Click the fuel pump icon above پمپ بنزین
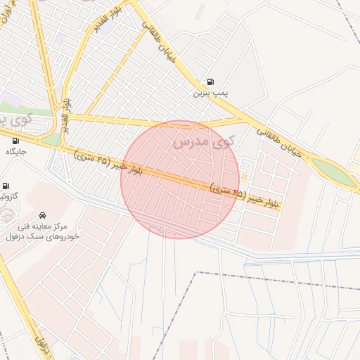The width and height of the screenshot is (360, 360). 210,82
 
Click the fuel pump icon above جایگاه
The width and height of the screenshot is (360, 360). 15,141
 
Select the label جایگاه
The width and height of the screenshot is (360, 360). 15,152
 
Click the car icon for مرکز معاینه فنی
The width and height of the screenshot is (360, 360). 43,215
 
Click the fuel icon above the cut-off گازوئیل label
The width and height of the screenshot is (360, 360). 6,186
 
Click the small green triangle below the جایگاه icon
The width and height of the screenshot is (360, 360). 52,140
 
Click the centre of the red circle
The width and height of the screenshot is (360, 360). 180,179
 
